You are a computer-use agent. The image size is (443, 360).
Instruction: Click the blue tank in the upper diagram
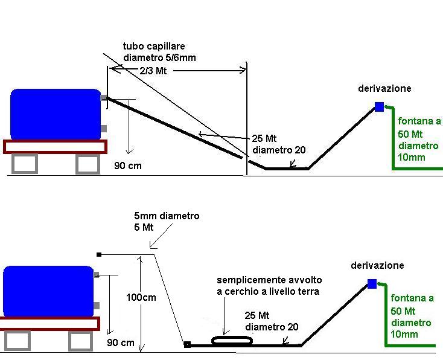click(x=55, y=114)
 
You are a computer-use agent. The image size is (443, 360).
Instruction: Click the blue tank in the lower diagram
click(x=48, y=291)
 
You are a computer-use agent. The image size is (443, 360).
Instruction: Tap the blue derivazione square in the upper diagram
click(x=379, y=107)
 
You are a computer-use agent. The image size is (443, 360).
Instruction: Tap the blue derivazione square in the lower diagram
click(x=372, y=284)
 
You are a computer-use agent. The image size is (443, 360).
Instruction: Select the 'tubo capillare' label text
click(x=154, y=46)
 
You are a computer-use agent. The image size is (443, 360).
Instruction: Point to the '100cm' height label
click(x=141, y=297)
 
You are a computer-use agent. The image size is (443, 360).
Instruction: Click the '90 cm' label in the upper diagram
click(x=127, y=165)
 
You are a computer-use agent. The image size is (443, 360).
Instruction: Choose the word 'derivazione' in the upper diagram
click(x=384, y=88)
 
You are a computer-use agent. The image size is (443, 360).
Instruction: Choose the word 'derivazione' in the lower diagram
click(x=377, y=265)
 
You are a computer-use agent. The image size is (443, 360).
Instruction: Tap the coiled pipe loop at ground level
click(x=232, y=341)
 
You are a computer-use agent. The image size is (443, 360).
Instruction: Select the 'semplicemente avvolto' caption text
click(x=269, y=280)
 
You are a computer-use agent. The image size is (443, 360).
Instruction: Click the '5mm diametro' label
click(x=167, y=216)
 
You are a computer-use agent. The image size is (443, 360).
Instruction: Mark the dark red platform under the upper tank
click(x=55, y=147)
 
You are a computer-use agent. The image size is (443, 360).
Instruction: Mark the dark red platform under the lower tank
click(x=49, y=324)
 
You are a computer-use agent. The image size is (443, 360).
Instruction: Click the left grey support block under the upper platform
click(x=24, y=164)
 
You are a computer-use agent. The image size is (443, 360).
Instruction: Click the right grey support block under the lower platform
click(x=80, y=341)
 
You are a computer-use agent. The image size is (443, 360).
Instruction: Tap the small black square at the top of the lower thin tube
click(x=99, y=255)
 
